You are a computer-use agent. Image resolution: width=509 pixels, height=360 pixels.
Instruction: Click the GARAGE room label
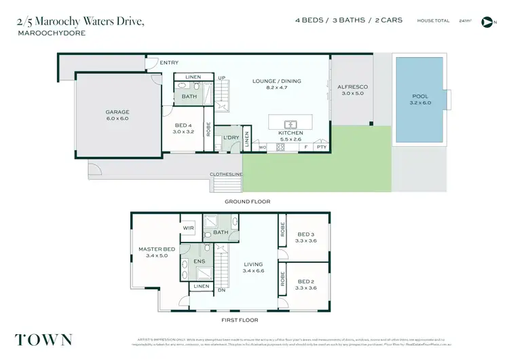tap(117, 112)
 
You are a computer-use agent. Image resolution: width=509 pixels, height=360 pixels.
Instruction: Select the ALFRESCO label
tap(352, 87)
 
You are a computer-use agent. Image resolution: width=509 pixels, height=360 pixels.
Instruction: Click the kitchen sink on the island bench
tap(290, 124)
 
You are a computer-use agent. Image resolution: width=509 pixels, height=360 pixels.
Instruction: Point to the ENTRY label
tap(169, 62)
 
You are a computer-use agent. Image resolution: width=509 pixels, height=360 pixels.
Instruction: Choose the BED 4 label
tap(185, 125)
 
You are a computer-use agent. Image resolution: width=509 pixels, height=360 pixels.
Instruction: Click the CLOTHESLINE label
tap(226, 175)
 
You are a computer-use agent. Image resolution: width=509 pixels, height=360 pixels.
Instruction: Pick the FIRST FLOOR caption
tap(239, 320)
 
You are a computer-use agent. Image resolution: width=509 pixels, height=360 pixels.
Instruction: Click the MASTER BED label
tap(157, 249)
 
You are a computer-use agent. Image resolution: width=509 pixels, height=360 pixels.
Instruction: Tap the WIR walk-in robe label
tap(188, 228)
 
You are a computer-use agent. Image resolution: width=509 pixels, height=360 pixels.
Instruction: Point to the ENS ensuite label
tap(200, 261)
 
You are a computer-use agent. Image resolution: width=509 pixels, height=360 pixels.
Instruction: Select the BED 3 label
tap(305, 234)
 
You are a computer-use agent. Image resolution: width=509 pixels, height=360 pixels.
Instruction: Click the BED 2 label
tap(305, 281)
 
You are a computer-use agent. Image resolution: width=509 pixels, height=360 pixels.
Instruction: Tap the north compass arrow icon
tap(486, 22)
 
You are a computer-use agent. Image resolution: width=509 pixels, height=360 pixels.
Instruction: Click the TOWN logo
tap(43, 340)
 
